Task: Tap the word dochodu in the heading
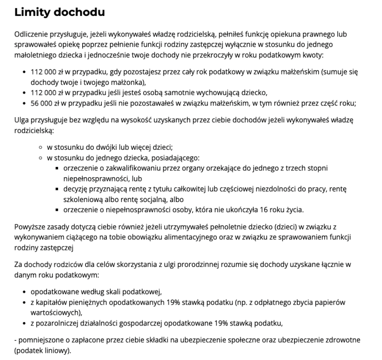coord(79,12)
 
